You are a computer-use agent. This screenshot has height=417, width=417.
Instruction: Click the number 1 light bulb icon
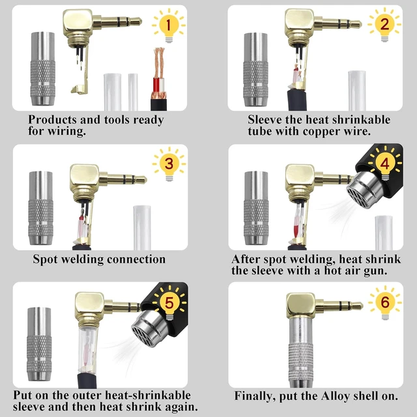point(169,25)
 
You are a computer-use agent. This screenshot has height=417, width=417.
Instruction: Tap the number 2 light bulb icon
point(384,25)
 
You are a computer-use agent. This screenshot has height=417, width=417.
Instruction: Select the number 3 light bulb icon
point(169,164)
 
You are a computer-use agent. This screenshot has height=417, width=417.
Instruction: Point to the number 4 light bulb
point(385,164)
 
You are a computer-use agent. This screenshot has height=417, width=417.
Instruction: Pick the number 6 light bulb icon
point(385,302)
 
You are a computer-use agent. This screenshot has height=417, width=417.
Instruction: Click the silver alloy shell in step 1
point(43,68)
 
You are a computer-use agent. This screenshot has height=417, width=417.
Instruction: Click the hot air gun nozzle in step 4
point(365,190)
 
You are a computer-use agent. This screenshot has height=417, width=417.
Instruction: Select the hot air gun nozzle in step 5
point(149,328)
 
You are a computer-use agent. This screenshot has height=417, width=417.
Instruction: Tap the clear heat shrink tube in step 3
point(142,227)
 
